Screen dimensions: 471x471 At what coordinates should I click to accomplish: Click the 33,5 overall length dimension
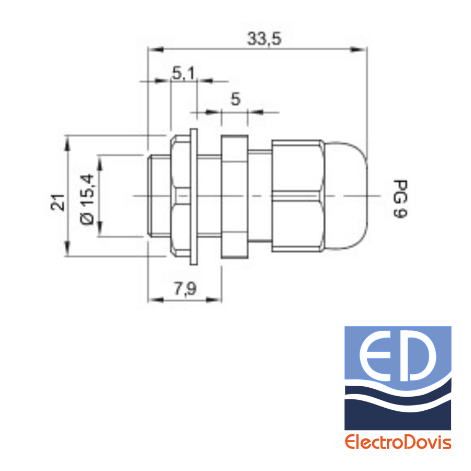pos(264,39)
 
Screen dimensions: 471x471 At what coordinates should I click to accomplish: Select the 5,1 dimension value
pos(183,73)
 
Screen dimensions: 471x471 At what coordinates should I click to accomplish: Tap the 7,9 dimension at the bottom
pos(185,289)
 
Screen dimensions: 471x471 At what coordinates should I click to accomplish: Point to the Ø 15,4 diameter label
pos(87,199)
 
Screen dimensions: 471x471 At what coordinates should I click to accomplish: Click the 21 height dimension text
pos(58,203)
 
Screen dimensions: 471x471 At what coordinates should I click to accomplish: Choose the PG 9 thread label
pos(400,199)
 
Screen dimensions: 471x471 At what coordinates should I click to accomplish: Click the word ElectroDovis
pos(398,442)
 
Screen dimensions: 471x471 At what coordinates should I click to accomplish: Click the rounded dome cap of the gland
pos(346,196)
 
